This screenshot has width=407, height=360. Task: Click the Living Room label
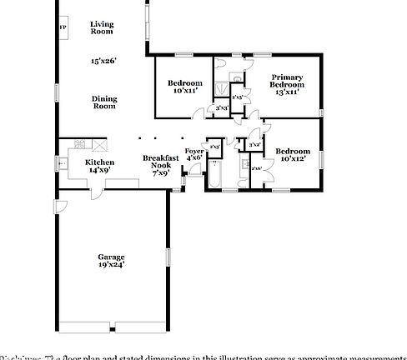[102, 28]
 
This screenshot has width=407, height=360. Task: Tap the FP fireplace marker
[63, 27]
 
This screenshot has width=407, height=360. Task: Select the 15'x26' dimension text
[103, 61]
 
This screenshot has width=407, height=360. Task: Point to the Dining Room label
[103, 102]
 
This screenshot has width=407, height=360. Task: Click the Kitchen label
[100, 162]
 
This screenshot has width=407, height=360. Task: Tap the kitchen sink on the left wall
[63, 164]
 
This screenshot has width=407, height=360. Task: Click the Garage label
[111, 257]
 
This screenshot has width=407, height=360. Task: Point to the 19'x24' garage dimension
[111, 267]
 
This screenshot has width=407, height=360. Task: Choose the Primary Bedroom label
[286, 81]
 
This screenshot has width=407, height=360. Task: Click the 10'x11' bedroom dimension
[184, 91]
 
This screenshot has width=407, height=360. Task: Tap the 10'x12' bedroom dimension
[294, 157]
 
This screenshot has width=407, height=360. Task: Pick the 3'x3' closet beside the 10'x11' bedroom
[221, 108]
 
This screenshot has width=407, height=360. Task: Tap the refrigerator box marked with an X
[101, 142]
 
